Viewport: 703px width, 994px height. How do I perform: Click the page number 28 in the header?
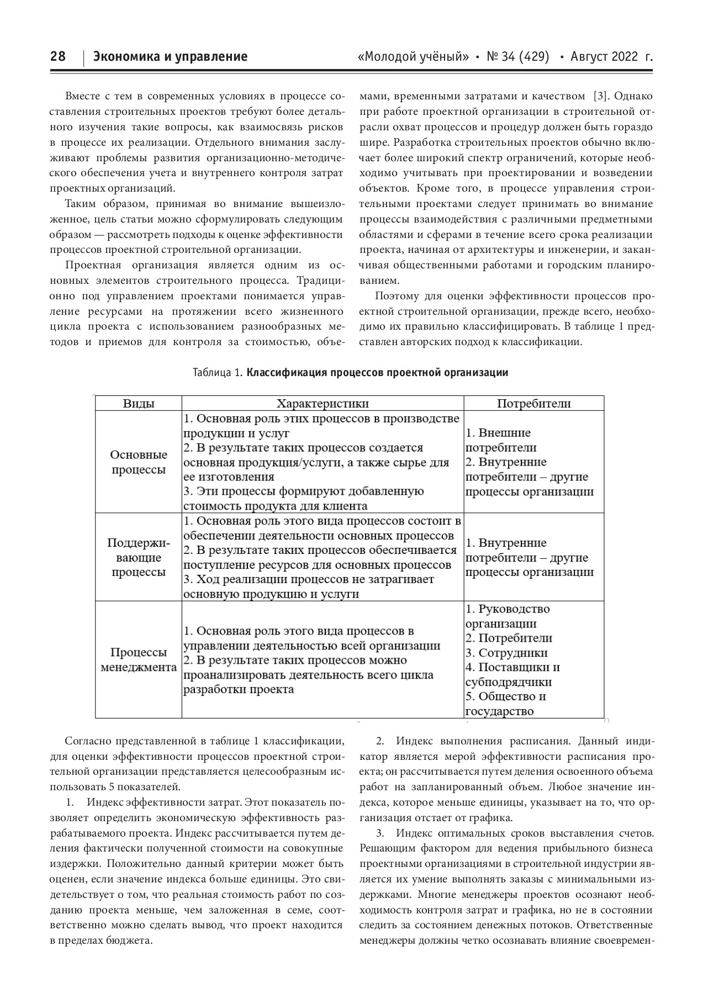58,56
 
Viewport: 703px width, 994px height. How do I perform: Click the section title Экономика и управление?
170,56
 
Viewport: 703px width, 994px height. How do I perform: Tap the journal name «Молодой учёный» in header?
414,56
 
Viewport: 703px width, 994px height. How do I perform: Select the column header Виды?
138,403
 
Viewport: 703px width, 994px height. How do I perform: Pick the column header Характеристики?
323,403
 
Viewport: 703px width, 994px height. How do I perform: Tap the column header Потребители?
533,403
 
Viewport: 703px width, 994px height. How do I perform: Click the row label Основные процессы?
139,462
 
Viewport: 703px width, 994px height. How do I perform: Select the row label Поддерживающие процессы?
139,557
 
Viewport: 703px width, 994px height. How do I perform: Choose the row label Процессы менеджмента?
139,659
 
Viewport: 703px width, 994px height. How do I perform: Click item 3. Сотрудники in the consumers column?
506,653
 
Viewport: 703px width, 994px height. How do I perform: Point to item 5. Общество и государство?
506,704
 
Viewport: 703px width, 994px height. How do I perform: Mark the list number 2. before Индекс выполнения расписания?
380,741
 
